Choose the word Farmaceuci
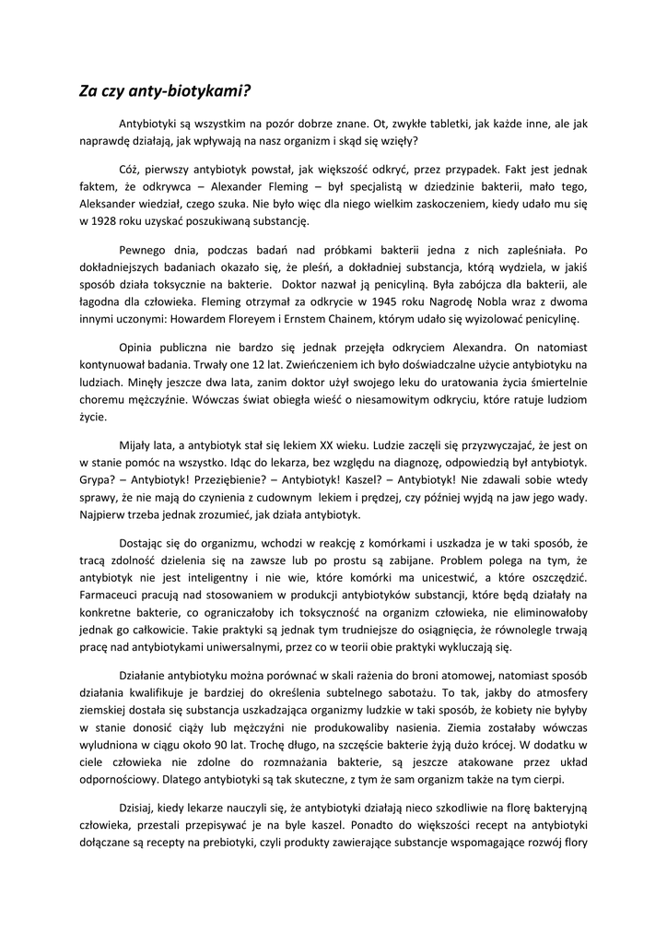[x=111, y=595]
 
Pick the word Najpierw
[x=106, y=514]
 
